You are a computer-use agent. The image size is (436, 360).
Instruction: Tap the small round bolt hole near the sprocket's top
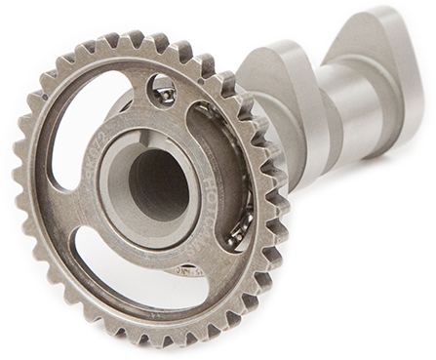164,94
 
